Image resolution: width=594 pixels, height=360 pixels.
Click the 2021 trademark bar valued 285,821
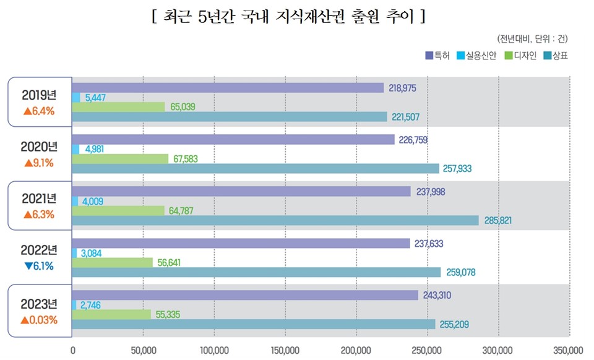pos(275,220)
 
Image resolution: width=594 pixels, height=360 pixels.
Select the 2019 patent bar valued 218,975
pos(228,88)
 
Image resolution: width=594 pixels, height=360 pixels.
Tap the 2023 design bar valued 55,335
pos(111,314)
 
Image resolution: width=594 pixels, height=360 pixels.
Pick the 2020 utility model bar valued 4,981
pos(76,149)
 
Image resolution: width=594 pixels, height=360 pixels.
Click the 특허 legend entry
pos(438,56)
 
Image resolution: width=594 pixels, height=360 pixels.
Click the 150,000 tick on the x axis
pos(285,350)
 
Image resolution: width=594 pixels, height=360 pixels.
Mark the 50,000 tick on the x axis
pos(143,350)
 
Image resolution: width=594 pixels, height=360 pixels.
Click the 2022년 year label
pos(38,251)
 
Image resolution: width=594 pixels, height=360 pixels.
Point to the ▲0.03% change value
pos(38,320)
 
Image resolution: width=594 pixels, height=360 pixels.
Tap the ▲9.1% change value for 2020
pos(38,165)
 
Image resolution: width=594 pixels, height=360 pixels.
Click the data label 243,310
pos(437,295)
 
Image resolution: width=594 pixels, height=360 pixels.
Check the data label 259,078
pos(461,272)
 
